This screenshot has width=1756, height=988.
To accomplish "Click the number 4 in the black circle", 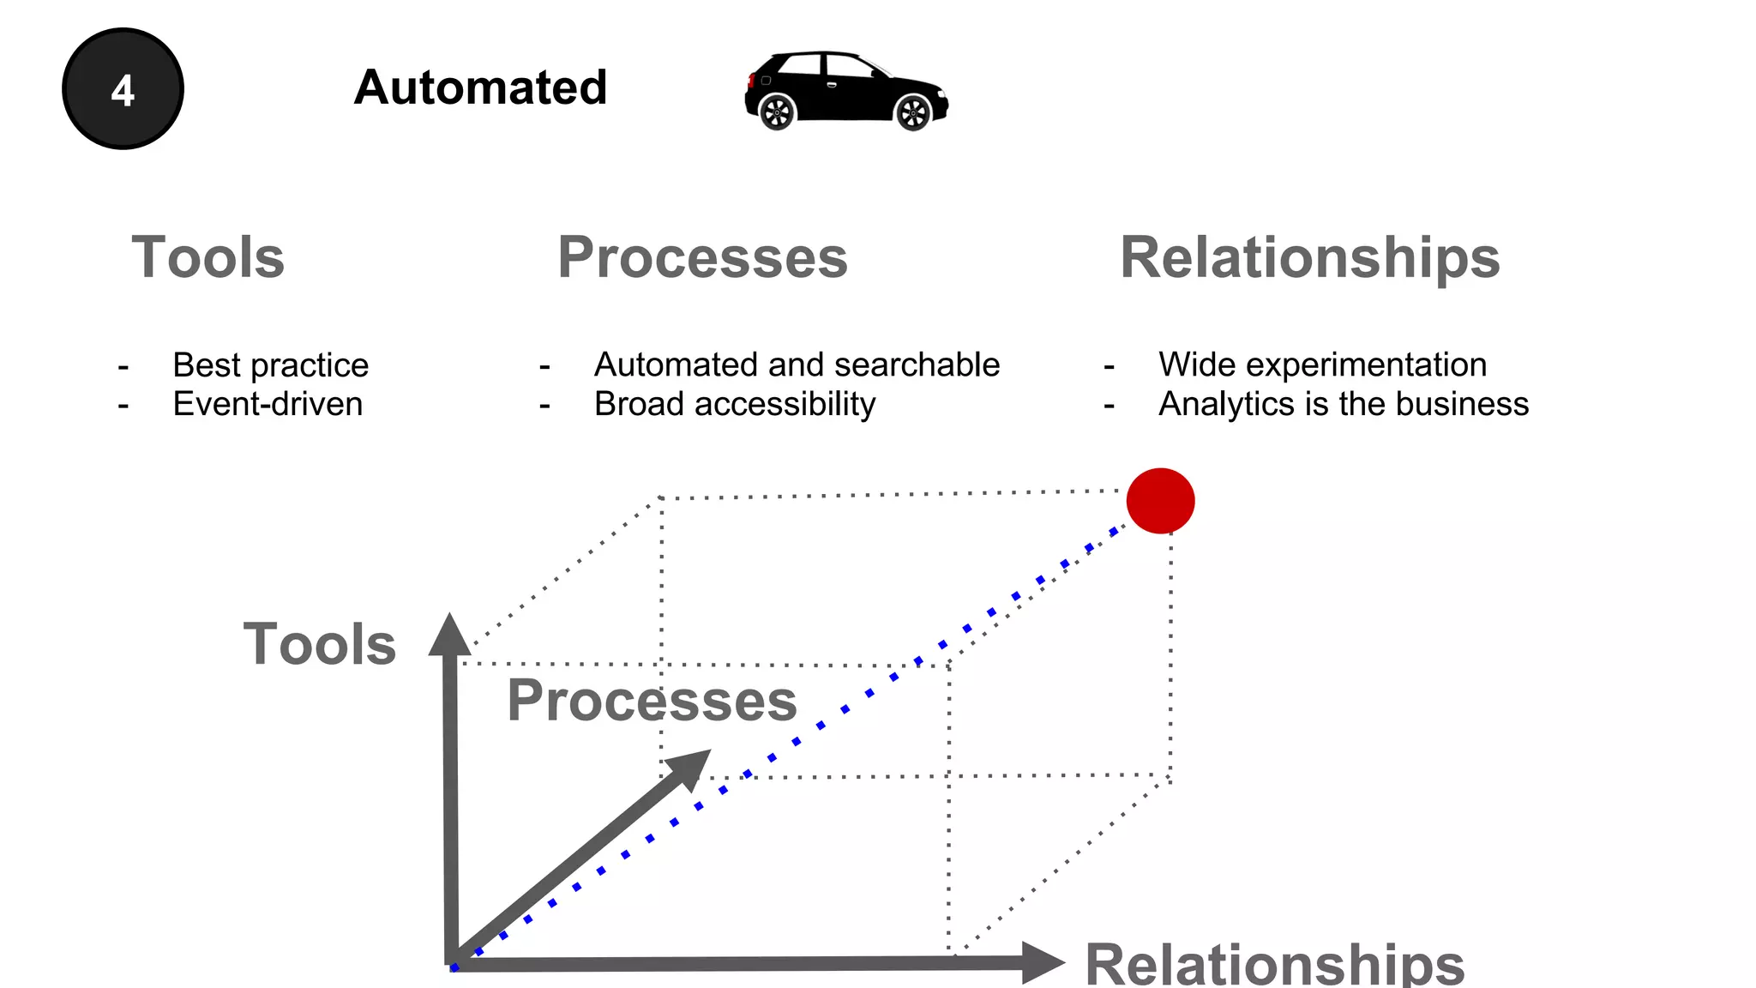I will coord(123,90).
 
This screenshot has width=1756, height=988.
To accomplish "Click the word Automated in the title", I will coord(480,87).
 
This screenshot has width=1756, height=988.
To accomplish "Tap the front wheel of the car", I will coord(912,112).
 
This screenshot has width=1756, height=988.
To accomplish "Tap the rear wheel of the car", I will coord(778,112).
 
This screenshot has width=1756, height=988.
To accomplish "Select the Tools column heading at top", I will coord(207,257).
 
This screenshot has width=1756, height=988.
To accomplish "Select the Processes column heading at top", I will coord(702,257).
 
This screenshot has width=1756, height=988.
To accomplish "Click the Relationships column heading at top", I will coord(1309,257).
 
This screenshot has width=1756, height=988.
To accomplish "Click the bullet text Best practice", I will coord(270,365).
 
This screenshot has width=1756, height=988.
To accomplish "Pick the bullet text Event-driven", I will coord(268,404).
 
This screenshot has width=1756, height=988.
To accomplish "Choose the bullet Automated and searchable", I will coord(797,365).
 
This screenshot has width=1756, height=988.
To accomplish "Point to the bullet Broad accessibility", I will coord(735,404).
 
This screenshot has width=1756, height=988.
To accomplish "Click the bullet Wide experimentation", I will coord(1322,365).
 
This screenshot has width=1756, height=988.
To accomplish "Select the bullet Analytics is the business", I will coord(1344,404).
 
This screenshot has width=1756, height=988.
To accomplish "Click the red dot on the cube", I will coord(1160,501).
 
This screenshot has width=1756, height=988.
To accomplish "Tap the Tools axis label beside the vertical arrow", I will coord(319,644).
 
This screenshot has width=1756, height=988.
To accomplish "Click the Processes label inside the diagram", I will coord(652,701).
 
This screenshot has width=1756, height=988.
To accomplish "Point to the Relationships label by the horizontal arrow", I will coord(1274,964).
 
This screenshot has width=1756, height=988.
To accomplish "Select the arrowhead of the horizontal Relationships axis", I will coord(1041,962).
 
